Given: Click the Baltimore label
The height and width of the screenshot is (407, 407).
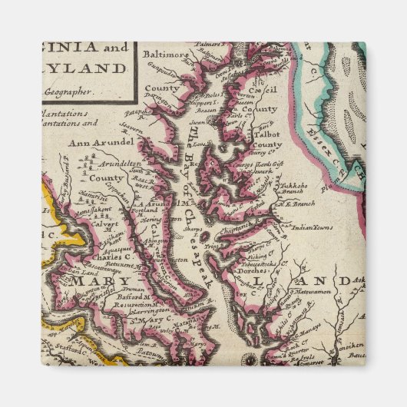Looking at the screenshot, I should pos(164,55).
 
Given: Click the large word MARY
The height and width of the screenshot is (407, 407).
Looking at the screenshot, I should pos(89,283).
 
